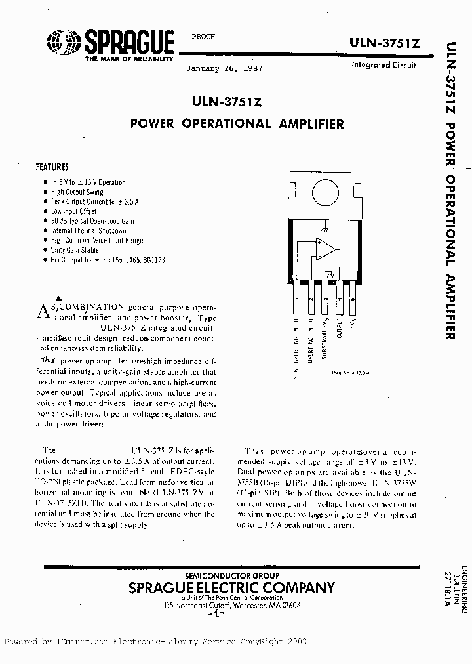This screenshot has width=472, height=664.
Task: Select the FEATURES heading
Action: pyautogui.click(x=52, y=167)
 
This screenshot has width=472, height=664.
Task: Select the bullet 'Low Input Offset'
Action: pyautogui.click(x=73, y=211)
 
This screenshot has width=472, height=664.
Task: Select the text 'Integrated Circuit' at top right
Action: pyautogui.click(x=383, y=65)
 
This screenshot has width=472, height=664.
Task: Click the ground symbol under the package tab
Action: pyautogui.click(x=324, y=229)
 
